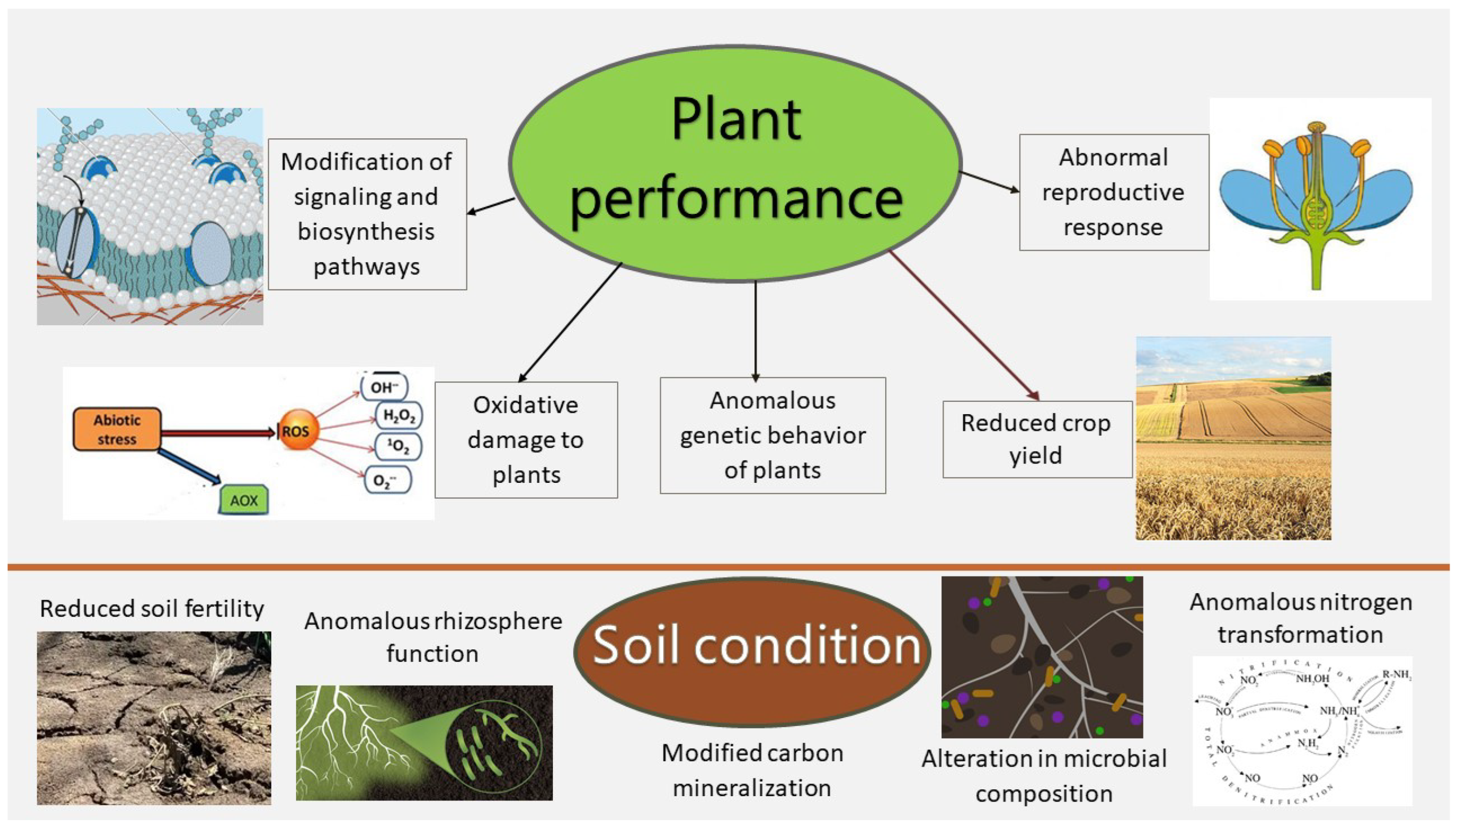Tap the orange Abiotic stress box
[x=117, y=429]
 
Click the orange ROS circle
[x=297, y=431]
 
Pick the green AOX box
[x=244, y=500]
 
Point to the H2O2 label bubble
[x=399, y=415]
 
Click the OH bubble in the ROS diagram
[x=384, y=387]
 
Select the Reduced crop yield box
[x=1037, y=439]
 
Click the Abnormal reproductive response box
[x=1113, y=192]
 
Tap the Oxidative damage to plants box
[x=525, y=440]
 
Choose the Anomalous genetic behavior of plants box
[x=772, y=435]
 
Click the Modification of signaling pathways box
[x=367, y=214]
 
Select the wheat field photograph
[x=1233, y=438]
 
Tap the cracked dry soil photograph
[x=153, y=718]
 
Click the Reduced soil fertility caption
[x=152, y=608]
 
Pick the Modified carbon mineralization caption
[x=752, y=770]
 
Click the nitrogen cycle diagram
[x=1301, y=731]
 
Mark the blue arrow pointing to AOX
[x=189, y=467]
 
